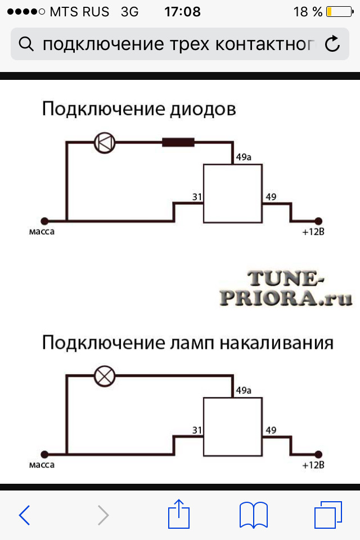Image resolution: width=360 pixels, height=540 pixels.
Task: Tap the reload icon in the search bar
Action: coord(332,43)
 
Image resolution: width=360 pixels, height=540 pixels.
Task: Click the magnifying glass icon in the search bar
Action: coord(26,43)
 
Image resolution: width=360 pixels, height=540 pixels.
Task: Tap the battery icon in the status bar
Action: coord(337,11)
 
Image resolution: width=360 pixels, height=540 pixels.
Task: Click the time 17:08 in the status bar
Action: coord(182,11)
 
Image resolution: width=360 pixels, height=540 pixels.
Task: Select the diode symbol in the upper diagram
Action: coord(104,142)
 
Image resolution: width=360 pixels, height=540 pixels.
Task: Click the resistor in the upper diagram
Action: coord(178,142)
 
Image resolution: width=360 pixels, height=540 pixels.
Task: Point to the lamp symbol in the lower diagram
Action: coord(103,376)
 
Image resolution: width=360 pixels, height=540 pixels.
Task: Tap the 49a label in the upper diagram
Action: coord(244,157)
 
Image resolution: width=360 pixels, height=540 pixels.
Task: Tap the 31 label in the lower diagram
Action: coord(197,430)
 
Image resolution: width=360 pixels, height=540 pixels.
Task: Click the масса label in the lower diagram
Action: coord(42,465)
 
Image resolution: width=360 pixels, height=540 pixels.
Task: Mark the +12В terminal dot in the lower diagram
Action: coord(318,454)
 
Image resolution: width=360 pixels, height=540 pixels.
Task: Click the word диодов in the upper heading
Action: coord(202,109)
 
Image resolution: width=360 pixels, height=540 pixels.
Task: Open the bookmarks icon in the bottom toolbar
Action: coord(253,514)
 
